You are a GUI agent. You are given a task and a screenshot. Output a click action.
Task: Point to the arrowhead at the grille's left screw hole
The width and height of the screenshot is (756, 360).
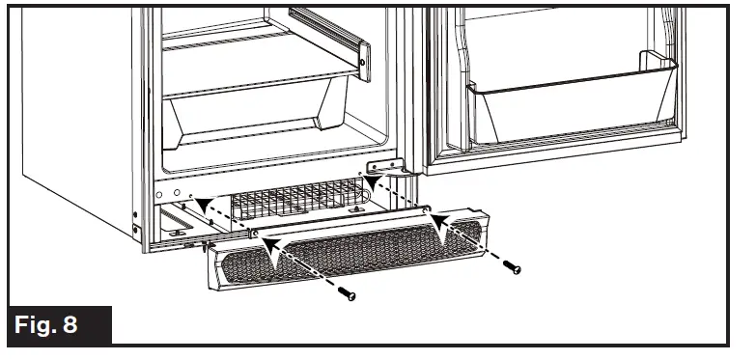(273, 244)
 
